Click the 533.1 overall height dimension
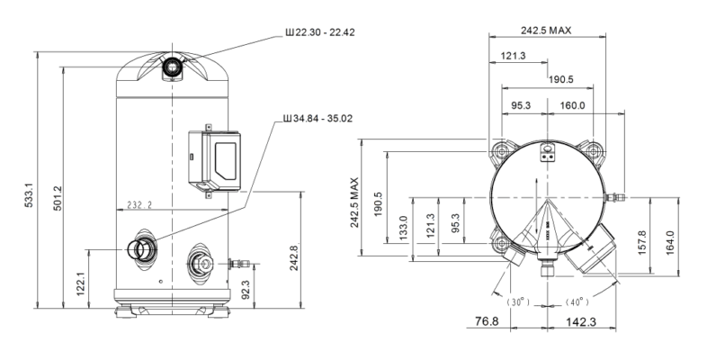point(29,195)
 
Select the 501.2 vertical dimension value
point(57,198)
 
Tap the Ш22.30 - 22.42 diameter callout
point(319,32)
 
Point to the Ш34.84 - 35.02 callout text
point(318,118)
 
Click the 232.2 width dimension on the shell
point(139,204)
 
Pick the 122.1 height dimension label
point(82,283)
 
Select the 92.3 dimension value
point(246,289)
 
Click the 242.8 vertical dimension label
point(293,257)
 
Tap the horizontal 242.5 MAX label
point(546,31)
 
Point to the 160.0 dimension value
point(572,105)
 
